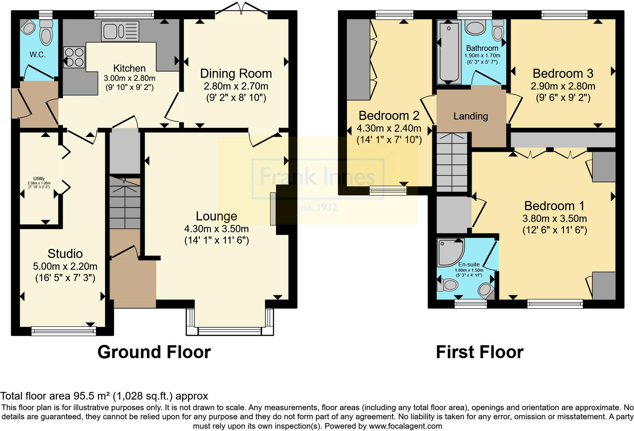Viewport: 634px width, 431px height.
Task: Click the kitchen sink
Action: click(120, 31)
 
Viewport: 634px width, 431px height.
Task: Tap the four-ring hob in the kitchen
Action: click(74, 57)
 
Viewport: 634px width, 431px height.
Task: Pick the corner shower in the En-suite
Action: click(450, 252)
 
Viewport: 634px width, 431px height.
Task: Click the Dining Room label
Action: click(236, 74)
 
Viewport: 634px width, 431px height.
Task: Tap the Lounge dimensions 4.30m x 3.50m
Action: click(216, 229)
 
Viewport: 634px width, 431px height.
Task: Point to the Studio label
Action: click(65, 253)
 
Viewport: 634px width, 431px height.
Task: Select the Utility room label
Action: click(39, 179)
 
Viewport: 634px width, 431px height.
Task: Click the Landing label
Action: click(471, 116)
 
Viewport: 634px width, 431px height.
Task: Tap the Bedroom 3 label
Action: click(563, 74)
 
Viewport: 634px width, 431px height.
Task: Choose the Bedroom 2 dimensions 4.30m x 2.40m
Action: click(389, 128)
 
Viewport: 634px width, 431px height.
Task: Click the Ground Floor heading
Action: click(154, 352)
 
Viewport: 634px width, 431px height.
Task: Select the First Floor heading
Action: click(479, 352)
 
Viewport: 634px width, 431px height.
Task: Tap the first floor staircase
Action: click(452, 162)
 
